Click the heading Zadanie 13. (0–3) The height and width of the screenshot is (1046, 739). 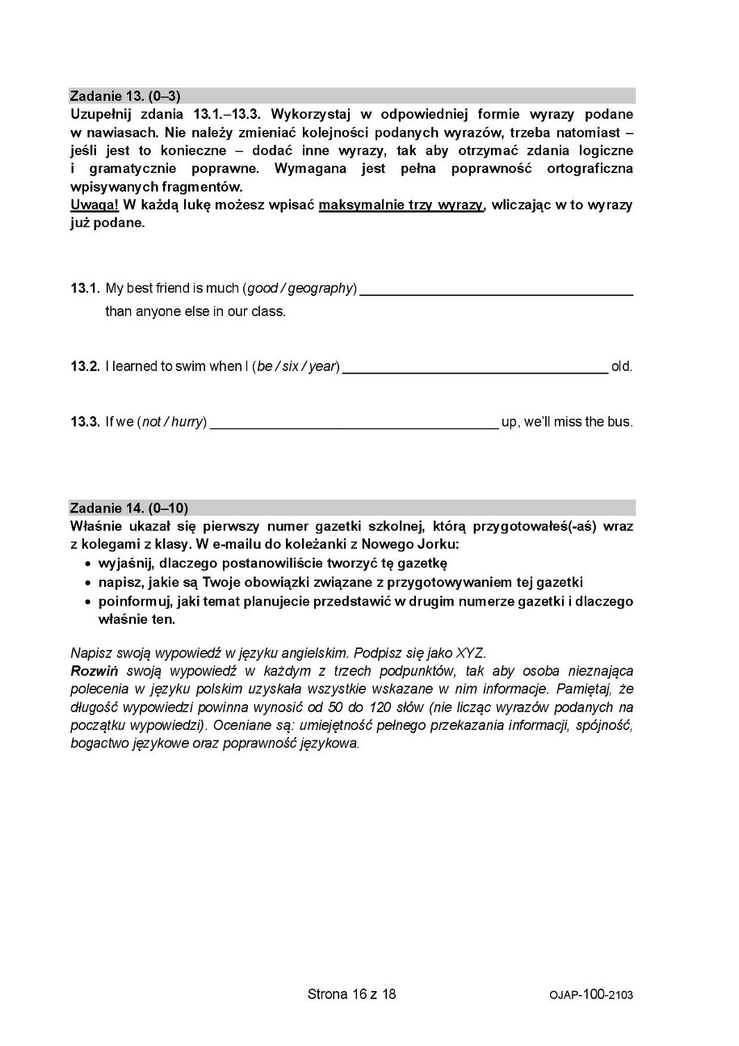coord(125,96)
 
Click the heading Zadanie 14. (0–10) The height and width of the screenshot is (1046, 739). coord(128,508)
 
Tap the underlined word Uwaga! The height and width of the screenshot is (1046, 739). coord(94,205)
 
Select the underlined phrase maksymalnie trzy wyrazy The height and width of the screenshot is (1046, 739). coord(401,205)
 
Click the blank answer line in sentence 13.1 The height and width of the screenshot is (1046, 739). coord(496,293)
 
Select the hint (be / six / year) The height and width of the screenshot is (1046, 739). coord(296,367)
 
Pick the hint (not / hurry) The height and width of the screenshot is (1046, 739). coord(172,422)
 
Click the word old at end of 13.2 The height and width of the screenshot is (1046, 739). coord(622,367)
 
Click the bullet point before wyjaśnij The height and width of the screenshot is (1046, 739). coord(87,563)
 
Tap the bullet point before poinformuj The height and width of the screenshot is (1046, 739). coord(87,602)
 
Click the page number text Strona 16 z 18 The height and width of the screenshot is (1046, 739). coord(351,994)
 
